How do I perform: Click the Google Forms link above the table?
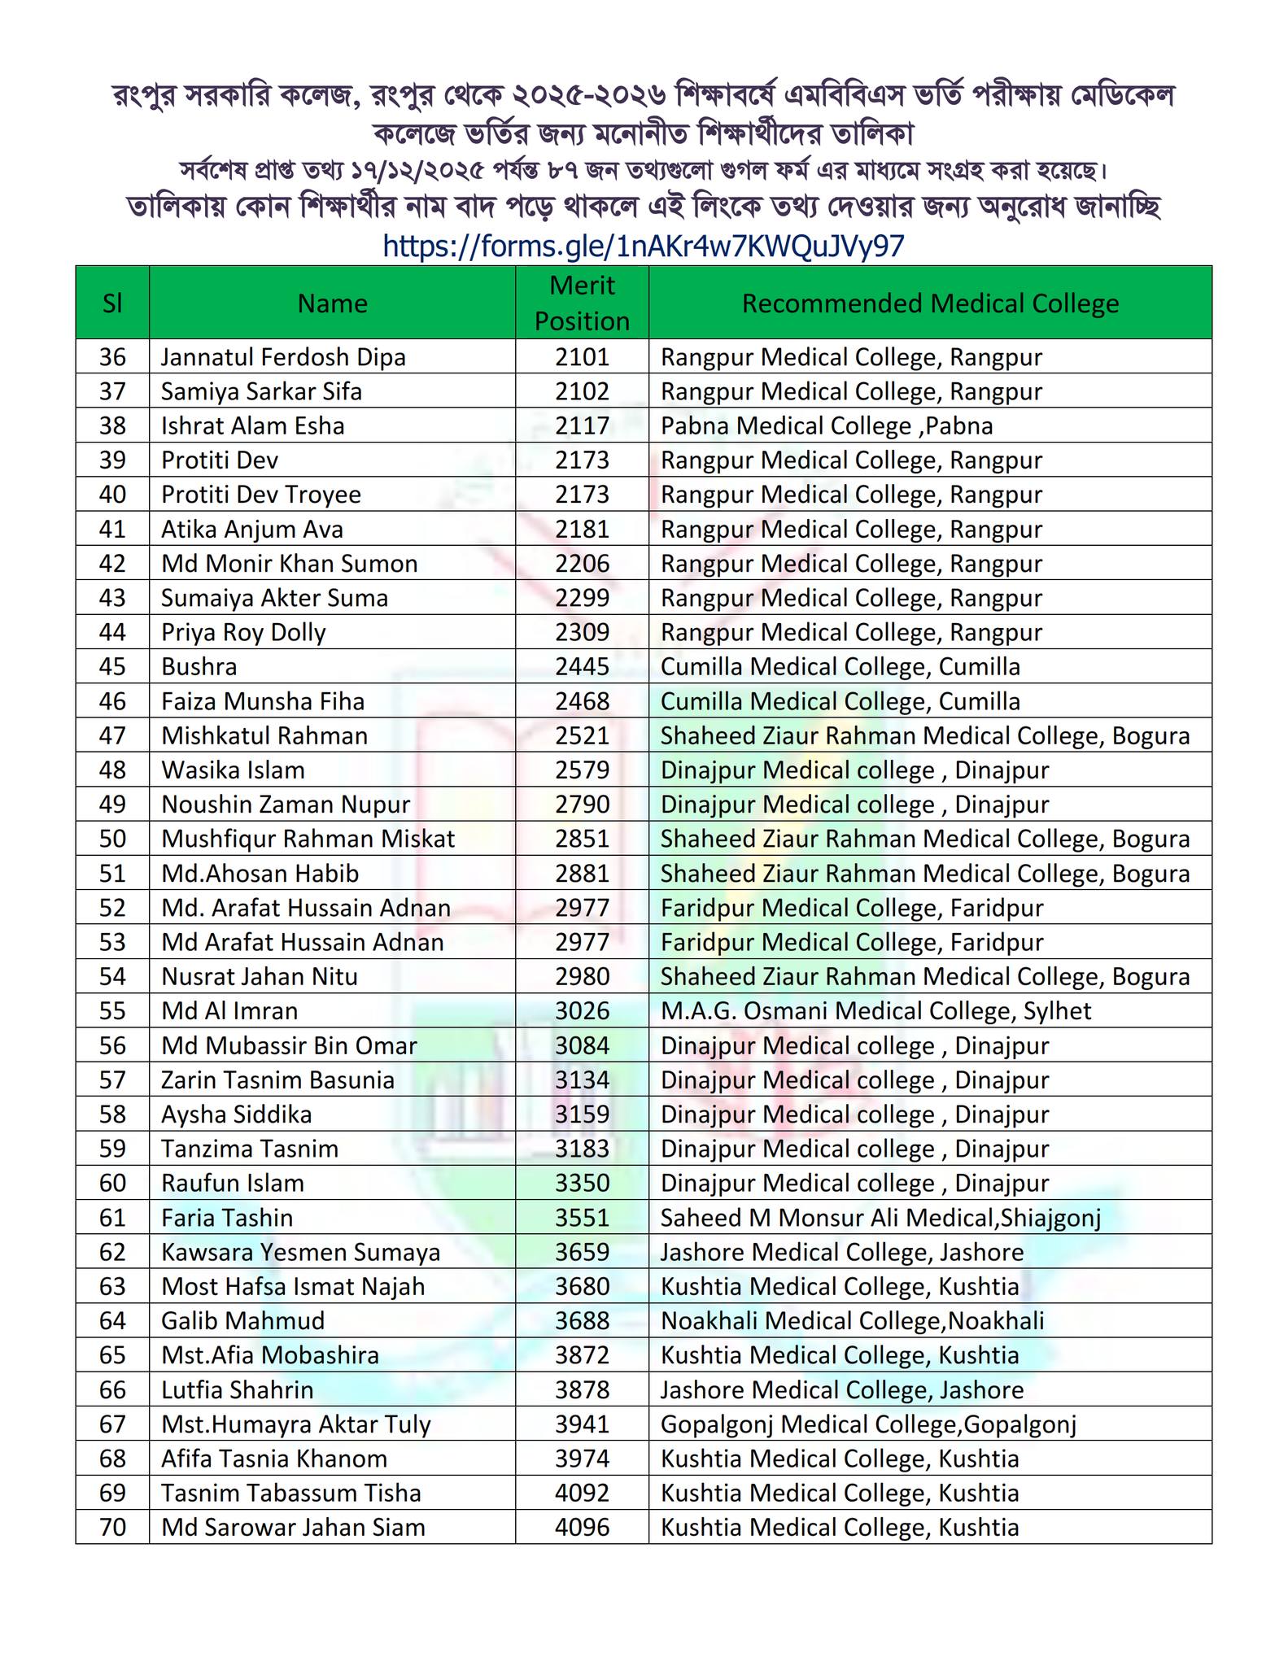coord(643,246)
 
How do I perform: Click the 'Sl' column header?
coord(112,303)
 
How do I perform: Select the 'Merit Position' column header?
coord(582,303)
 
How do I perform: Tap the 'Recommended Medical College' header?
coord(930,303)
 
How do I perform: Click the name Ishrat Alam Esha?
coord(252,426)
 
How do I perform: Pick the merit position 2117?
coord(582,426)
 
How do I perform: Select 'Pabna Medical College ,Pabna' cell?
coord(826,426)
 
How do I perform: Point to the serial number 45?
coord(112,667)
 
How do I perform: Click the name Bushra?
coord(199,667)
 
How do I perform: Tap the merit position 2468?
coord(582,701)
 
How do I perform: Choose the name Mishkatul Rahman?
coord(264,736)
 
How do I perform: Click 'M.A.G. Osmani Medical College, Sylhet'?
coord(875,1011)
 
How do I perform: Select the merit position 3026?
coord(582,1011)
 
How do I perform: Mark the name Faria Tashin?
coord(227,1218)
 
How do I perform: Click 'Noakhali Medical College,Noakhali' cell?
coord(852,1321)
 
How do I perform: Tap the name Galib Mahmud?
coord(242,1321)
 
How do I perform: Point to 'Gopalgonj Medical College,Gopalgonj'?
coord(868,1424)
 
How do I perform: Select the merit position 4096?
coord(582,1528)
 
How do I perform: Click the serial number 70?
coord(112,1528)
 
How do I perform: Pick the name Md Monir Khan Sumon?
coord(289,564)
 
